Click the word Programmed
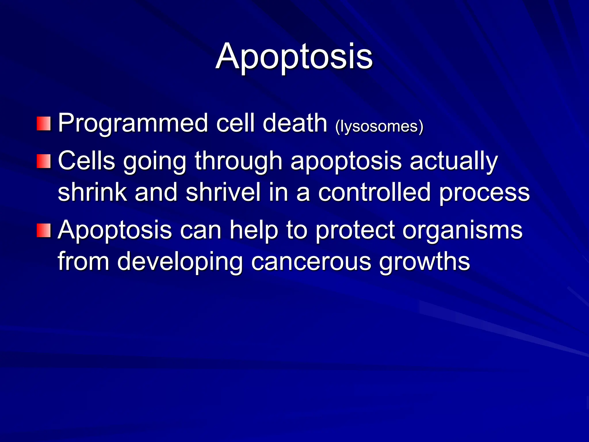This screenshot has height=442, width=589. pyautogui.click(x=133, y=123)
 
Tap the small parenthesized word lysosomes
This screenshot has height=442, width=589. pyautogui.click(x=379, y=126)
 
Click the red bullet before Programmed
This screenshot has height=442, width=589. pyautogui.click(x=44, y=124)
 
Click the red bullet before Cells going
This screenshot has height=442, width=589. pyautogui.click(x=44, y=161)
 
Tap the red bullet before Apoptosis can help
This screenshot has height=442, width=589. pyautogui.click(x=44, y=230)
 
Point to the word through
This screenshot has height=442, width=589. pyautogui.click(x=238, y=161)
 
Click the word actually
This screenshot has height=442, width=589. pyautogui.click(x=454, y=161)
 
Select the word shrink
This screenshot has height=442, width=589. pyautogui.click(x=92, y=192)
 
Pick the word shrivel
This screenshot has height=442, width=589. pyautogui.click(x=223, y=192)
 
